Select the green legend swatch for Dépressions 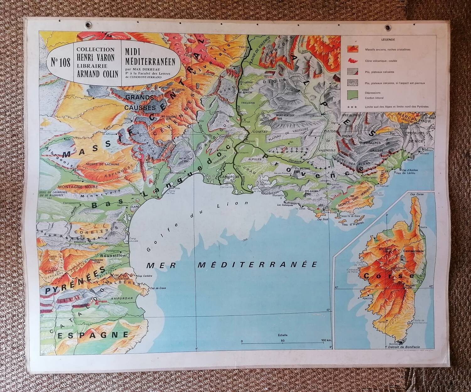(353, 94)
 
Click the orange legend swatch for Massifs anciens (353, 49)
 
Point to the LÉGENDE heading (388, 40)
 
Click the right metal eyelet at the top (388, 28)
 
